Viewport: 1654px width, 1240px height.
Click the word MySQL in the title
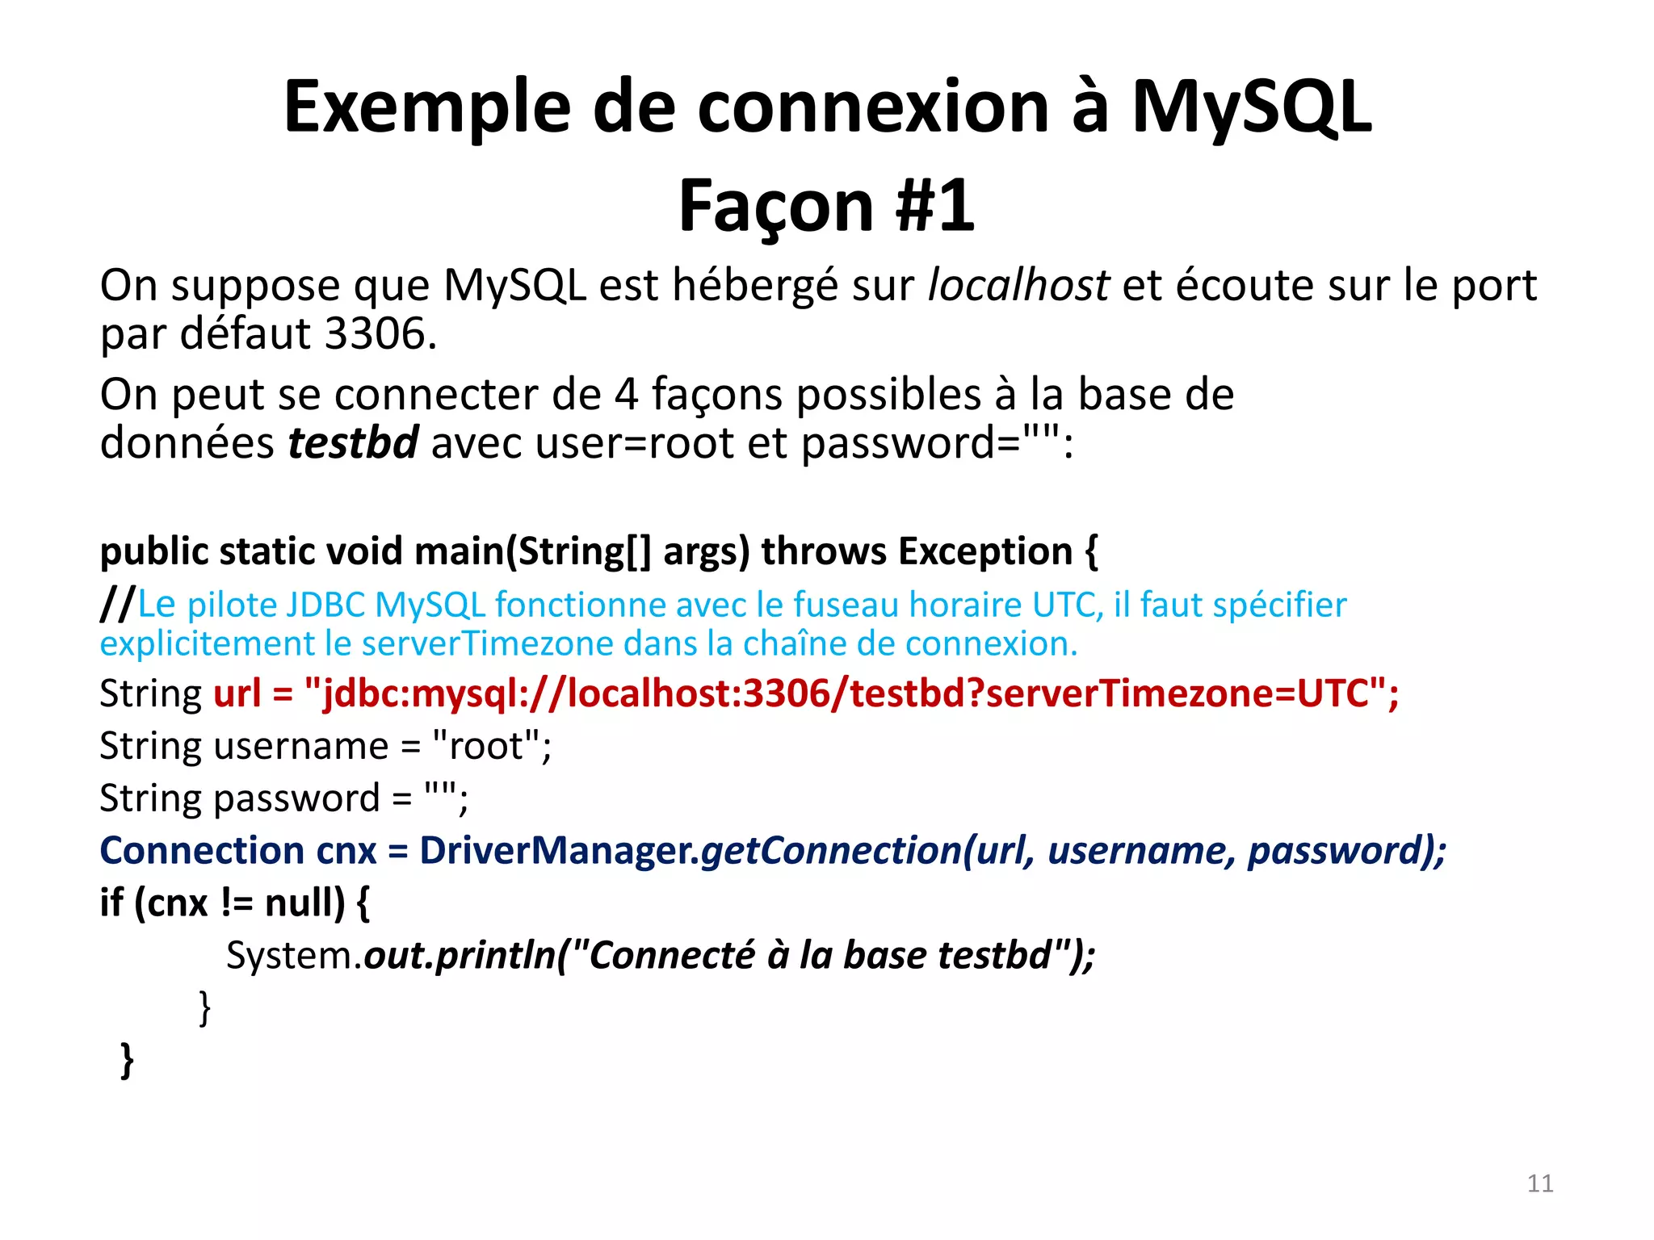pos(1251,108)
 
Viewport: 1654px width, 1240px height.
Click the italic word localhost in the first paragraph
pos(1018,285)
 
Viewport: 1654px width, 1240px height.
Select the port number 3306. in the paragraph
pos(380,333)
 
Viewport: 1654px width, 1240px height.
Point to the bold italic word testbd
pos(353,443)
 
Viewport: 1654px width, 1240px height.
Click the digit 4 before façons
pos(626,395)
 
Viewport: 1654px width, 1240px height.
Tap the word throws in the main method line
pos(824,551)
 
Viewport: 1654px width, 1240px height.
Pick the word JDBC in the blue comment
pos(325,605)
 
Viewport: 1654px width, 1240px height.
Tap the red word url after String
pos(237,693)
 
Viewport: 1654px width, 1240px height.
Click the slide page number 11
pos(1540,1183)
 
